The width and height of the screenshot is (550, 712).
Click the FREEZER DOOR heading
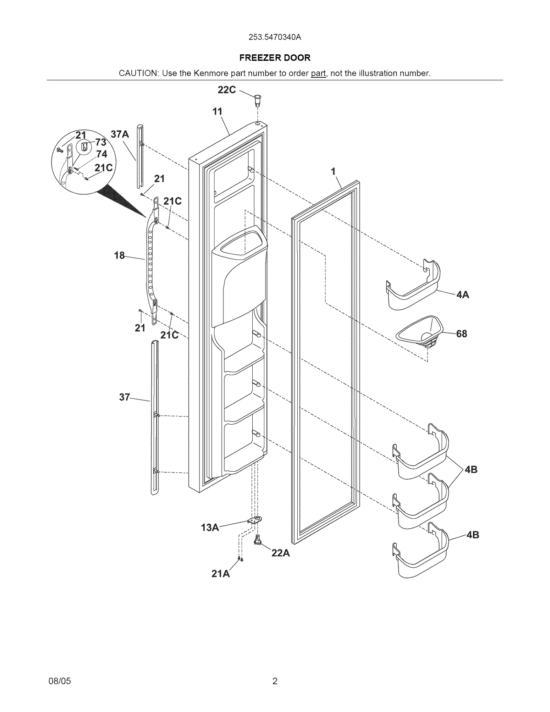pyautogui.click(x=275, y=58)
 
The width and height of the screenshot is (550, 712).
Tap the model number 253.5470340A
pyautogui.click(x=275, y=37)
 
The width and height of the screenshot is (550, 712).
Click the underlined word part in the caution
pyautogui.click(x=318, y=73)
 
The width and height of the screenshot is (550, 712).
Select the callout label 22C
pyautogui.click(x=227, y=90)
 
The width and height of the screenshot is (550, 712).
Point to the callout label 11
pyautogui.click(x=217, y=111)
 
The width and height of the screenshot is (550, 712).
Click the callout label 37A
pyautogui.click(x=120, y=134)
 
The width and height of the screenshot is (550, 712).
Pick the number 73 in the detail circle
pyautogui.click(x=100, y=142)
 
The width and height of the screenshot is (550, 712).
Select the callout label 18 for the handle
pyautogui.click(x=119, y=255)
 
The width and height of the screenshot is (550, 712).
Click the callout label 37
pyautogui.click(x=124, y=397)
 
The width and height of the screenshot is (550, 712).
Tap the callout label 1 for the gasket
pyautogui.click(x=333, y=171)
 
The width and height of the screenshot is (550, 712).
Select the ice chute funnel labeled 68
pyautogui.click(x=420, y=332)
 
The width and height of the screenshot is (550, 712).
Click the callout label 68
pyautogui.click(x=461, y=333)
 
